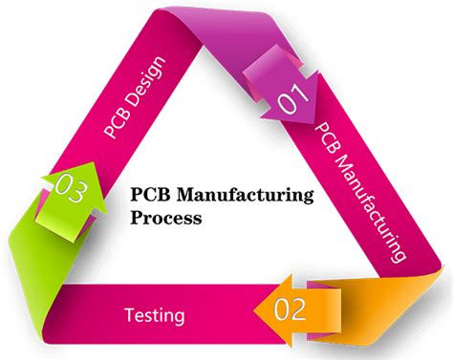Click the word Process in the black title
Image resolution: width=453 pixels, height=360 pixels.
(x=166, y=218)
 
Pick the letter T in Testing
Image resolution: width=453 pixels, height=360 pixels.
(x=130, y=312)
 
